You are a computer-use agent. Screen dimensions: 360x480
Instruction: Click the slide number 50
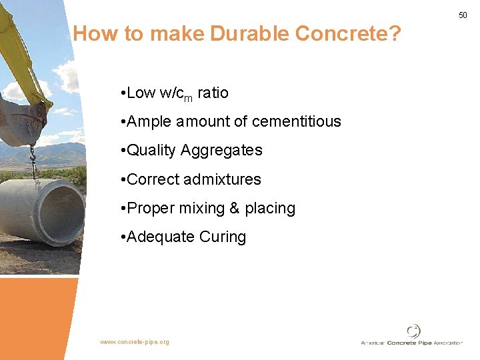(x=463, y=15)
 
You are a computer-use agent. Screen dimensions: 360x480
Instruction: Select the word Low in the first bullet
(x=141, y=93)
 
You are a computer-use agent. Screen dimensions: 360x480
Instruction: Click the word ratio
(x=213, y=93)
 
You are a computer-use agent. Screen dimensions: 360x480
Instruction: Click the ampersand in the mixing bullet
(x=234, y=208)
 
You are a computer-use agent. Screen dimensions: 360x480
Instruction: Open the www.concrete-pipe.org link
(x=135, y=342)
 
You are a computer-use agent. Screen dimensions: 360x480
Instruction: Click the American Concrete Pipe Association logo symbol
(x=414, y=331)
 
